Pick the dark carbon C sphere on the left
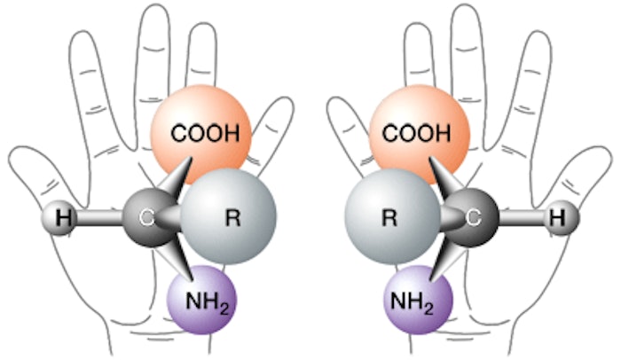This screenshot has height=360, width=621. [x=145, y=215]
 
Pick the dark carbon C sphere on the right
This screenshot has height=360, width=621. [x=476, y=215]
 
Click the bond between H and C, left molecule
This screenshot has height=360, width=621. [x=98, y=215]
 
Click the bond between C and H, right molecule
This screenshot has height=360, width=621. [x=523, y=215]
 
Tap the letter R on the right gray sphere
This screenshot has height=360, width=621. [x=389, y=215]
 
